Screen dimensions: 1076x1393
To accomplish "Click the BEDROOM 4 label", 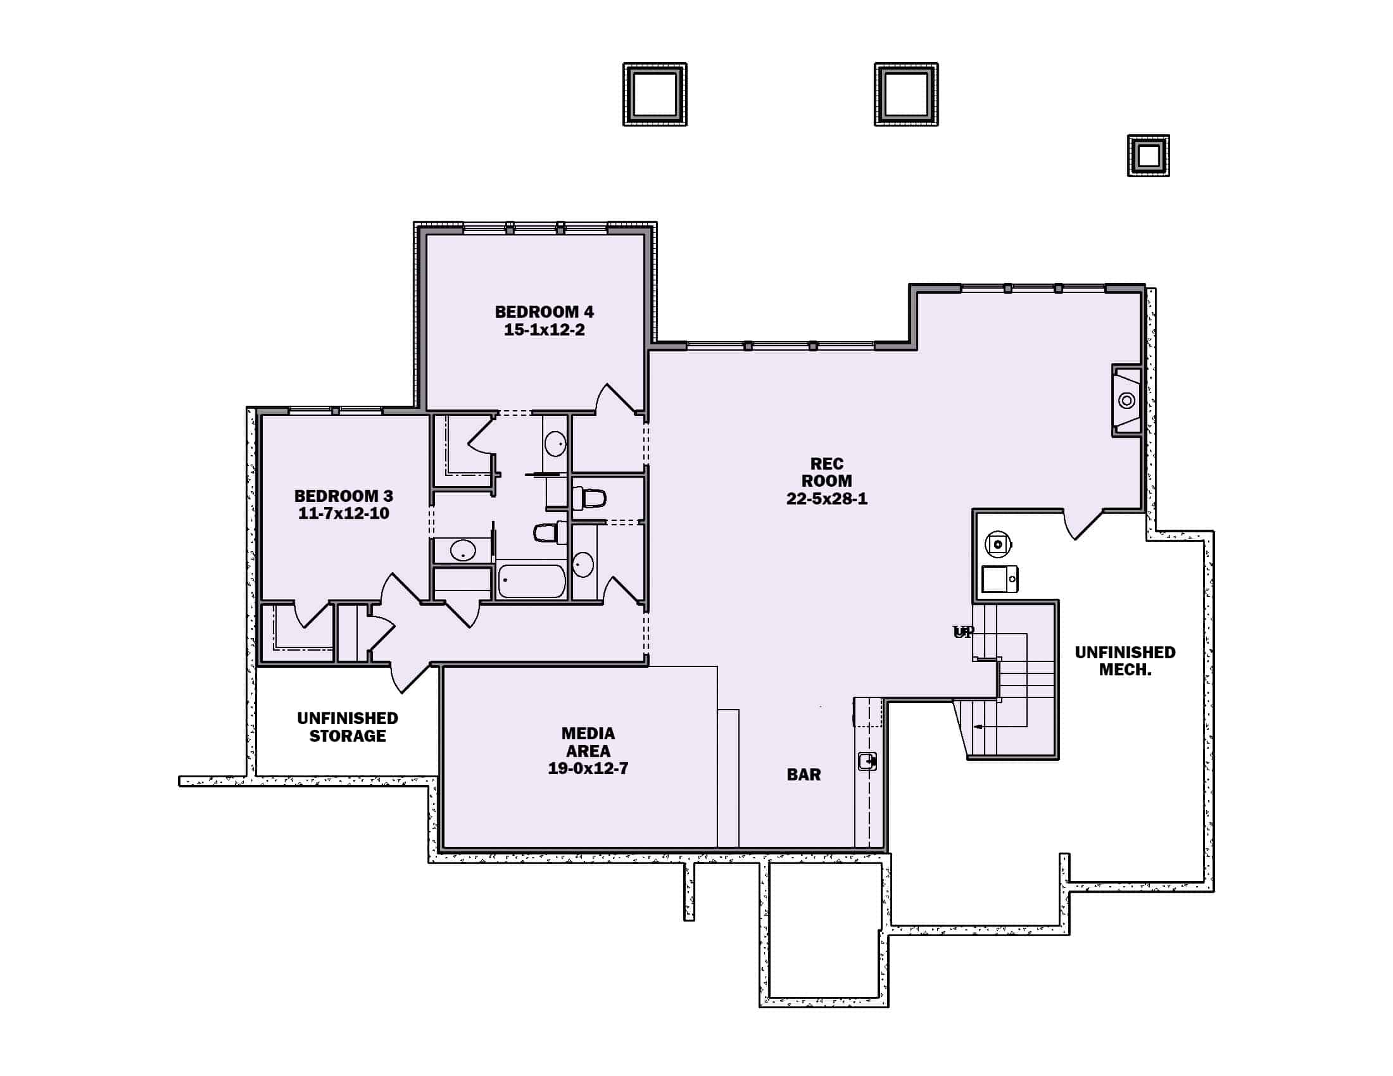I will click(544, 311).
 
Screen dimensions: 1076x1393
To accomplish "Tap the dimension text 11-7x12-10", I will click(343, 514).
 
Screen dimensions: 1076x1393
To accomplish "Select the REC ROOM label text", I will click(826, 472).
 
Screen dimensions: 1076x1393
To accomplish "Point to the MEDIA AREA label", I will click(588, 742).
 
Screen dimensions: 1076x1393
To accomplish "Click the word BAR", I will click(804, 775).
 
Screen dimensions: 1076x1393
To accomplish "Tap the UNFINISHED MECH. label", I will click(1125, 661).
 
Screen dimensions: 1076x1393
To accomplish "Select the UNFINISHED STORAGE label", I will click(348, 727).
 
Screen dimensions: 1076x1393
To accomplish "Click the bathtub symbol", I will click(531, 580).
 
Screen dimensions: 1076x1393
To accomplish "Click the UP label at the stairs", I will click(963, 632).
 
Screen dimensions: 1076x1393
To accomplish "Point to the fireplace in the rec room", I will click(1127, 400).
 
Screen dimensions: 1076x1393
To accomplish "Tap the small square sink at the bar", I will click(867, 761).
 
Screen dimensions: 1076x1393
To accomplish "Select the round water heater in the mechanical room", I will click(998, 544).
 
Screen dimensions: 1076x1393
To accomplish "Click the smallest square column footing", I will click(1148, 156).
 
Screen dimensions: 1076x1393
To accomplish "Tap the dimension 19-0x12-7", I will click(588, 769).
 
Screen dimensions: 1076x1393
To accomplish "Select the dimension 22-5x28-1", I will click(826, 499).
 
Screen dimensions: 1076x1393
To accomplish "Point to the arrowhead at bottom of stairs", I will click(976, 726).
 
